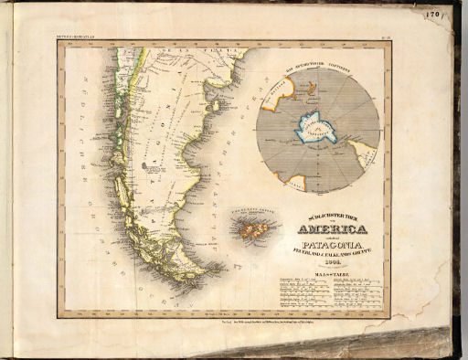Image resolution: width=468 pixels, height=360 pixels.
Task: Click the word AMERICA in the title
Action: [x=335, y=229]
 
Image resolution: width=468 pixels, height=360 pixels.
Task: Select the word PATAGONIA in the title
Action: [x=335, y=244]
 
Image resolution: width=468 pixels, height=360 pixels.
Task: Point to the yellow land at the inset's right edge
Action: [x=367, y=155]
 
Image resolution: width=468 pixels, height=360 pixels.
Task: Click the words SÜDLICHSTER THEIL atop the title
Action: [x=335, y=217]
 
